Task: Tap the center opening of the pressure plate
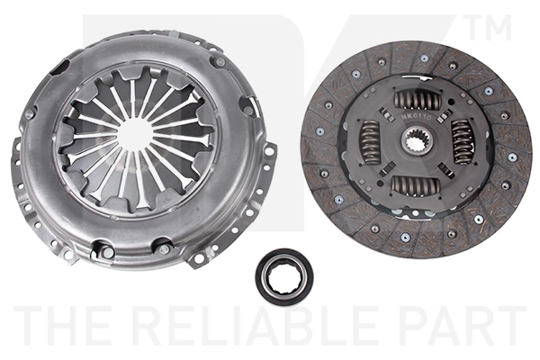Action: coord(135,135)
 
